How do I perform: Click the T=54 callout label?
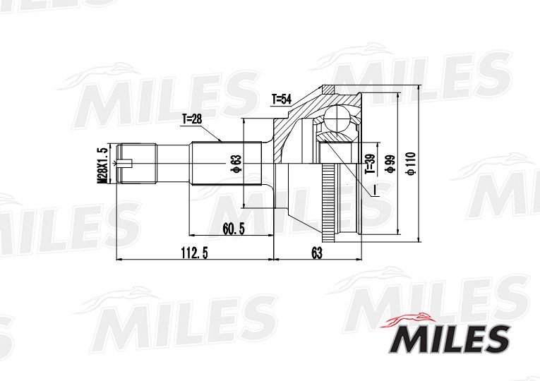[x=282, y=99]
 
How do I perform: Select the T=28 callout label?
[x=192, y=119]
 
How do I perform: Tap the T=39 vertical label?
[x=370, y=164]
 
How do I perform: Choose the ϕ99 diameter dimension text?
[x=390, y=164]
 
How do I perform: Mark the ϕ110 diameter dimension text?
[x=411, y=164]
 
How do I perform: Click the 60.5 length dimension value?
[x=234, y=229]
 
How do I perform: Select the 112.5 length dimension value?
[x=195, y=253]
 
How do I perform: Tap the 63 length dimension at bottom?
[x=317, y=253]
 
